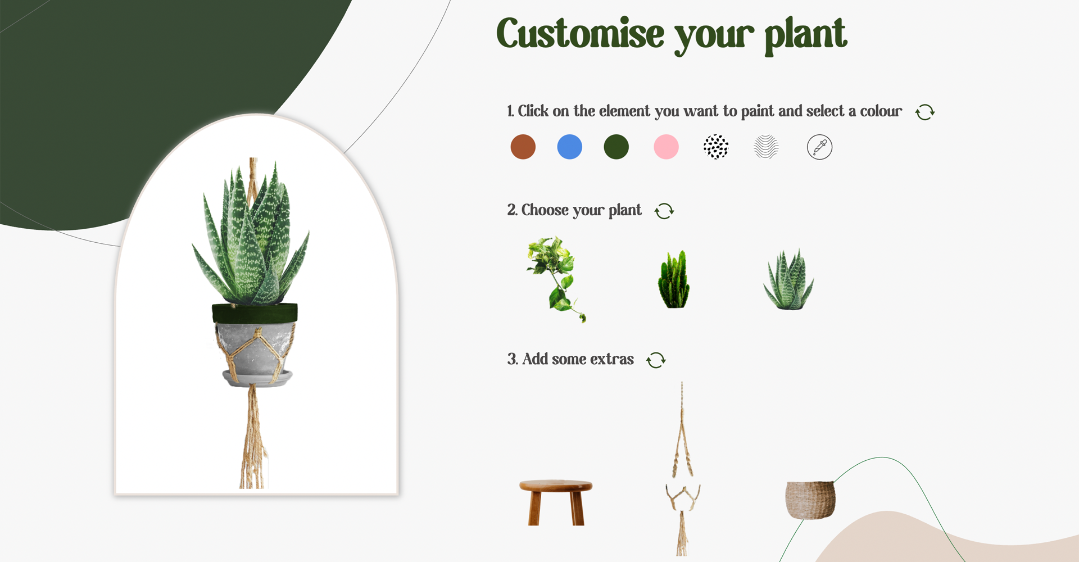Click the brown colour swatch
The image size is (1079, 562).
[523, 147]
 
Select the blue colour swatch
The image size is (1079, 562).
[569, 147]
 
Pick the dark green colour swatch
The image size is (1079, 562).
[616, 147]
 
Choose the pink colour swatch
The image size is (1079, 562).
[666, 147]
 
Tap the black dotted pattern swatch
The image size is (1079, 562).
[716, 147]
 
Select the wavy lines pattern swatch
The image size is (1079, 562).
[766, 147]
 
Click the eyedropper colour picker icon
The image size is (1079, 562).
[819, 147]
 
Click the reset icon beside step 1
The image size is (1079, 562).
[924, 112]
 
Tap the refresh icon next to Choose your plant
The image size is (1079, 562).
[664, 211]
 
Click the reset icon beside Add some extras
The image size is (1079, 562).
[656, 360]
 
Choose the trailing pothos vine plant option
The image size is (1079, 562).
[555, 279]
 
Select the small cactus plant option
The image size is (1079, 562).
[674, 280]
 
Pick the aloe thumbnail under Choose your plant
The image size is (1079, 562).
[788, 280]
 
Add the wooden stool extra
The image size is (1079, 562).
[555, 502]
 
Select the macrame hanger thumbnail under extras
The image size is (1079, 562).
[682, 469]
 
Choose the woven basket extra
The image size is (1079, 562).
[810, 499]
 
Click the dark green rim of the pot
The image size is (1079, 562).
[255, 313]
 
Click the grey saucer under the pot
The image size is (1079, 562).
[257, 378]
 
